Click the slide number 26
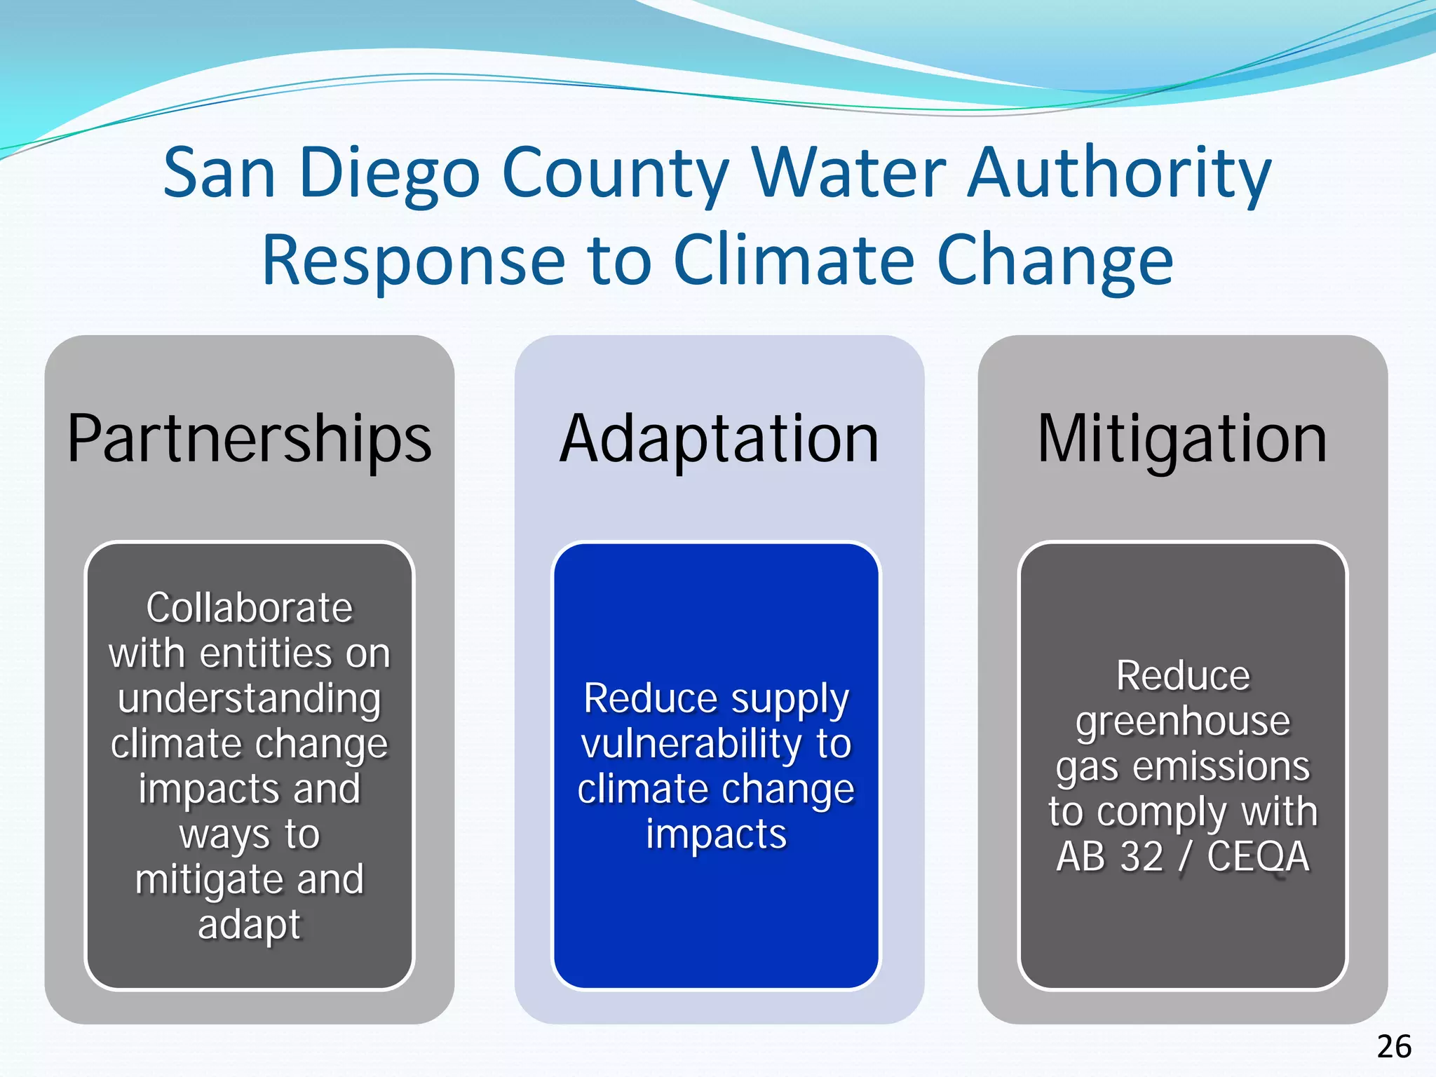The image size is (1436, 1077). tap(1394, 1047)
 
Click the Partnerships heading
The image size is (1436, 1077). tap(250, 439)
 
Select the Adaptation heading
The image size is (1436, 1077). tap(719, 439)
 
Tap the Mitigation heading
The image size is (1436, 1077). tap(1182, 439)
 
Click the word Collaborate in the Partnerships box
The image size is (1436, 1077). tap(250, 607)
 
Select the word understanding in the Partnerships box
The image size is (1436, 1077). tap(250, 699)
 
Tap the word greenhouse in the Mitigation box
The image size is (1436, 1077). tap(1183, 722)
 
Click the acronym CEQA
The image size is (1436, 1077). tap(1258, 856)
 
